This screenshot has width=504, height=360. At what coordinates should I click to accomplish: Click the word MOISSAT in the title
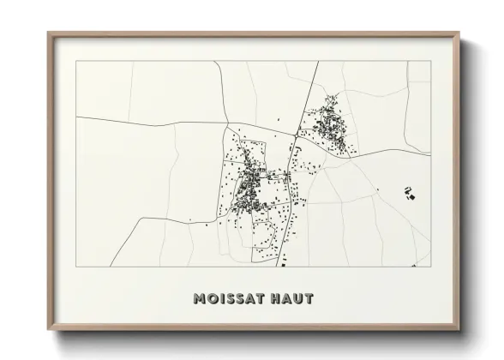click(x=225, y=299)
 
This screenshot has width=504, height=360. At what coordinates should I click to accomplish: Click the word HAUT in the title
click(x=290, y=299)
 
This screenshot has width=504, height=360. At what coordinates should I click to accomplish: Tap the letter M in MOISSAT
click(x=200, y=299)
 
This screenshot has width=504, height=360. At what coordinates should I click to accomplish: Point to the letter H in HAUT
click(x=272, y=299)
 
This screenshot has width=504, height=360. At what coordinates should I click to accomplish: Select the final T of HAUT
click(x=309, y=299)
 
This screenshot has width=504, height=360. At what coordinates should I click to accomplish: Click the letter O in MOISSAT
click(x=213, y=299)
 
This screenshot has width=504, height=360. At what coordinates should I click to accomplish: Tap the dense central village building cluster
click(x=249, y=182)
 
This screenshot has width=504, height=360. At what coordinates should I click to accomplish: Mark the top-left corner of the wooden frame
click(x=49, y=33)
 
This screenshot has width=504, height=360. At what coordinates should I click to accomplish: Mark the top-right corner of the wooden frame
click(x=460, y=33)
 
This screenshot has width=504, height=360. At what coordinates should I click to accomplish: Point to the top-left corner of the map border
click(x=76, y=61)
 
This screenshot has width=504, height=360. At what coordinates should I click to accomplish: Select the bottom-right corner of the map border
click(x=431, y=267)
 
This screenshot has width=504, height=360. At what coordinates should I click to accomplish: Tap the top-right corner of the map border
click(x=431, y=61)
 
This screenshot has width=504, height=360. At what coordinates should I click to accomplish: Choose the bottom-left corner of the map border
click(x=76, y=267)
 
